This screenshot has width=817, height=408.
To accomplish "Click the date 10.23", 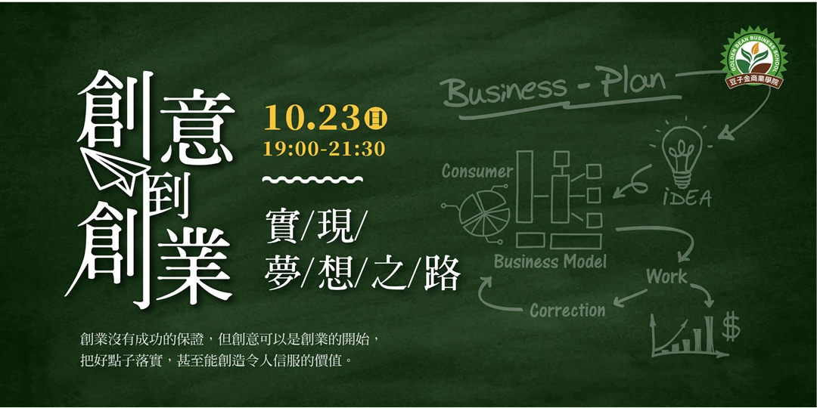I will pos(312,118).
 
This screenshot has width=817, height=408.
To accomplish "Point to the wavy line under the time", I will pos(312,180).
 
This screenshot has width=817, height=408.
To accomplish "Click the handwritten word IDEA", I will pos(687,198).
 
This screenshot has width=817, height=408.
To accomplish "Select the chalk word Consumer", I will pos(477,172).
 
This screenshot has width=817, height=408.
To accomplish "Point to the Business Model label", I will pos(550,262).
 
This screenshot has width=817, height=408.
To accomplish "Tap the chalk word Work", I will pos(666,277).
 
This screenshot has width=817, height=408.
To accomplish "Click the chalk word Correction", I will pos(567,311).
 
